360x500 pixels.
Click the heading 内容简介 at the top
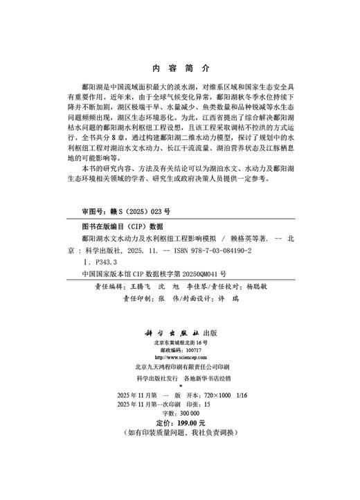pyautogui.click(x=179, y=70)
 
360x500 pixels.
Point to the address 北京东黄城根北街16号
pyautogui.click(x=180, y=343)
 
